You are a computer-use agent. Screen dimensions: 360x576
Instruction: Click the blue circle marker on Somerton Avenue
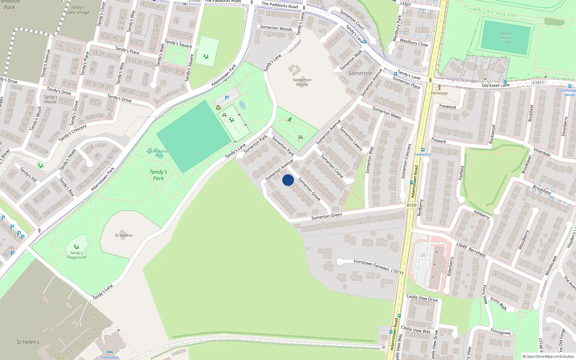pyautogui.click(x=288, y=180)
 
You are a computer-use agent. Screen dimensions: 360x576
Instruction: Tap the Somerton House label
pyautogui.click(x=302, y=82)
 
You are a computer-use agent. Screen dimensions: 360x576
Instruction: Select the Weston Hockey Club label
pyautogui.click(x=505, y=37)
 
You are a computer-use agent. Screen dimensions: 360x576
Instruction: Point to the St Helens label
pyautogui.click(x=123, y=235)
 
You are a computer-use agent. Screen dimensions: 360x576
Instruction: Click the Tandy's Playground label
pyautogui.click(x=76, y=255)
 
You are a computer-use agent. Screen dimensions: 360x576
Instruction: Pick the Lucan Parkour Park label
pyautogui.click(x=159, y=153)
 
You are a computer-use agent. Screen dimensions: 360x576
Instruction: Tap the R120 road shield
pyautogui.click(x=411, y=205)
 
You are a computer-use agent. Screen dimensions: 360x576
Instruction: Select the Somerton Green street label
pyautogui.click(x=327, y=216)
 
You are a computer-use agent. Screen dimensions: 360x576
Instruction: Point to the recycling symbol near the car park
pyautogui.click(x=218, y=107)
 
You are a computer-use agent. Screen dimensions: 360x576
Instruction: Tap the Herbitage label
pyautogui.click(x=439, y=93)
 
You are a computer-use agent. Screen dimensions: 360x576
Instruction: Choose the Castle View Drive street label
pyautogui.click(x=422, y=298)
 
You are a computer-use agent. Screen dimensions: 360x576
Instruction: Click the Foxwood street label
pyautogui.click(x=447, y=107)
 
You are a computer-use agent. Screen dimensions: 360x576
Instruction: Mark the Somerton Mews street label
pyautogui.click(x=387, y=113)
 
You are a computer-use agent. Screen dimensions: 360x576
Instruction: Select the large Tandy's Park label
pyautogui.click(x=158, y=175)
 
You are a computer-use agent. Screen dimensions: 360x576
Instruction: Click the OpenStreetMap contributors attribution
pyautogui.click(x=548, y=357)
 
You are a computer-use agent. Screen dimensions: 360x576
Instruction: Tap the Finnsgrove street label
pyautogui.click(x=500, y=332)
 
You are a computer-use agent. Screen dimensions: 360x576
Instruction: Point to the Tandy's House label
pyautogui.click(x=50, y=99)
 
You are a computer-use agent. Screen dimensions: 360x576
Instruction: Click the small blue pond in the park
pyautogui.click(x=242, y=105)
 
